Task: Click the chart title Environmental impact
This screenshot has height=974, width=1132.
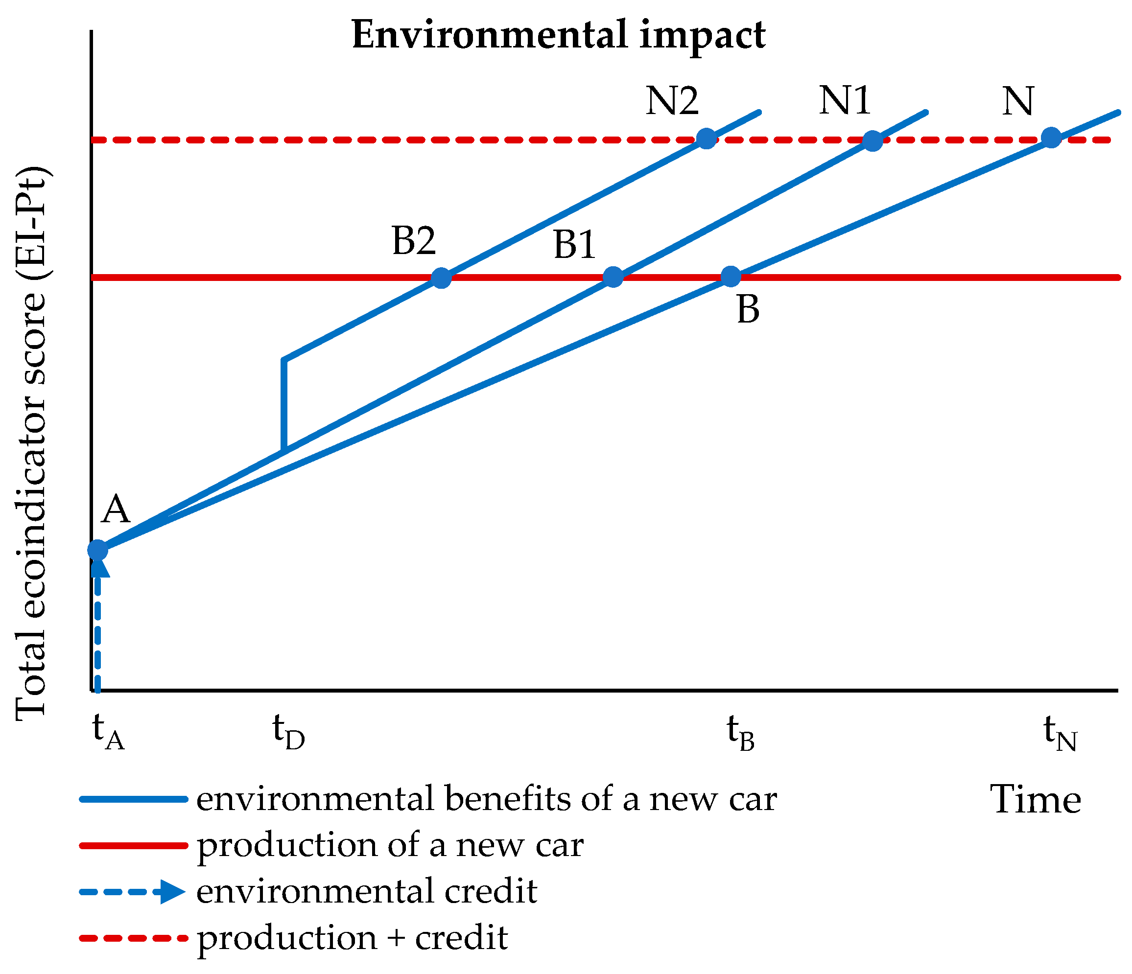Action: [x=558, y=35]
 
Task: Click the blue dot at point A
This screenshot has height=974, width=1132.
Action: [x=98, y=550]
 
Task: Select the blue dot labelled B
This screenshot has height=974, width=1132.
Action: [x=731, y=277]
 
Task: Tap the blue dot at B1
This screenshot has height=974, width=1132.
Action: [x=613, y=277]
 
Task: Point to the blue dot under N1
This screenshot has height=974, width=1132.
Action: [x=873, y=140]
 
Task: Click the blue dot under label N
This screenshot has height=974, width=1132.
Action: [x=1051, y=138]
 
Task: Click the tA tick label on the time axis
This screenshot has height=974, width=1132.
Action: [x=108, y=732]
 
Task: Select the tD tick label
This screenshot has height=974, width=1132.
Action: [x=288, y=732]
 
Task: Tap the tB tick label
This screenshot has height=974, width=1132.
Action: [x=740, y=732]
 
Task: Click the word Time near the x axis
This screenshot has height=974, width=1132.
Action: [x=1035, y=800]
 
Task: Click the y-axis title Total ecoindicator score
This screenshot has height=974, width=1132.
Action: [x=32, y=442]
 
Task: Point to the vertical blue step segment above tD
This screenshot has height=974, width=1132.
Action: [x=284, y=404]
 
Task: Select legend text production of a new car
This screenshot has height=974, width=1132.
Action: [x=390, y=845]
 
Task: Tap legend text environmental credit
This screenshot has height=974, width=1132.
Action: [x=366, y=891]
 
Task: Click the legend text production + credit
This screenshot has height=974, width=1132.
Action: [x=353, y=938]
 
